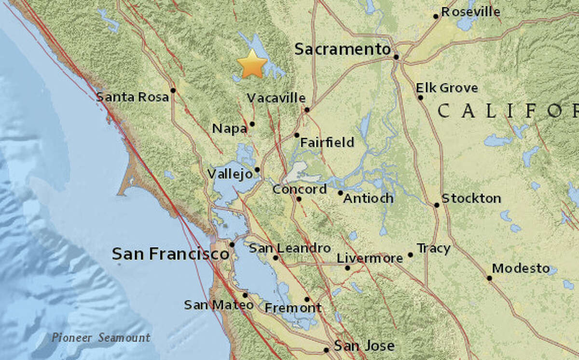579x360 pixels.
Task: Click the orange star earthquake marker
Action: (252, 64)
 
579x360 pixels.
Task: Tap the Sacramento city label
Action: (342, 49)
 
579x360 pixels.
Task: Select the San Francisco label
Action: (170, 253)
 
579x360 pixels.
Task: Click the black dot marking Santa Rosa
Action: (173, 90)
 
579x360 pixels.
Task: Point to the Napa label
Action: (230, 129)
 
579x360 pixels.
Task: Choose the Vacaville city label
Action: (276, 98)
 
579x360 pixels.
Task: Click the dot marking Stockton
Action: (437, 205)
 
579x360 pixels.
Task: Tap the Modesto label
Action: (521, 268)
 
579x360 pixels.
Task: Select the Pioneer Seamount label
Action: (101, 338)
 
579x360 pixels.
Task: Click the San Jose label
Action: (364, 346)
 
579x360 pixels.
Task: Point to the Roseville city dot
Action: (436, 16)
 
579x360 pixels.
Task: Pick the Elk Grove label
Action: (447, 88)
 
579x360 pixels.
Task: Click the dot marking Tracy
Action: (411, 255)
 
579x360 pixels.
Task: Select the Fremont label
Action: (293, 308)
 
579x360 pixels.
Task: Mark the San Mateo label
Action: (219, 305)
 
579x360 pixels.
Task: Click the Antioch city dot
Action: (340, 193)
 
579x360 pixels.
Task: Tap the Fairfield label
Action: (327, 142)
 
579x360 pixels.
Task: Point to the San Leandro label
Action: (289, 248)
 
